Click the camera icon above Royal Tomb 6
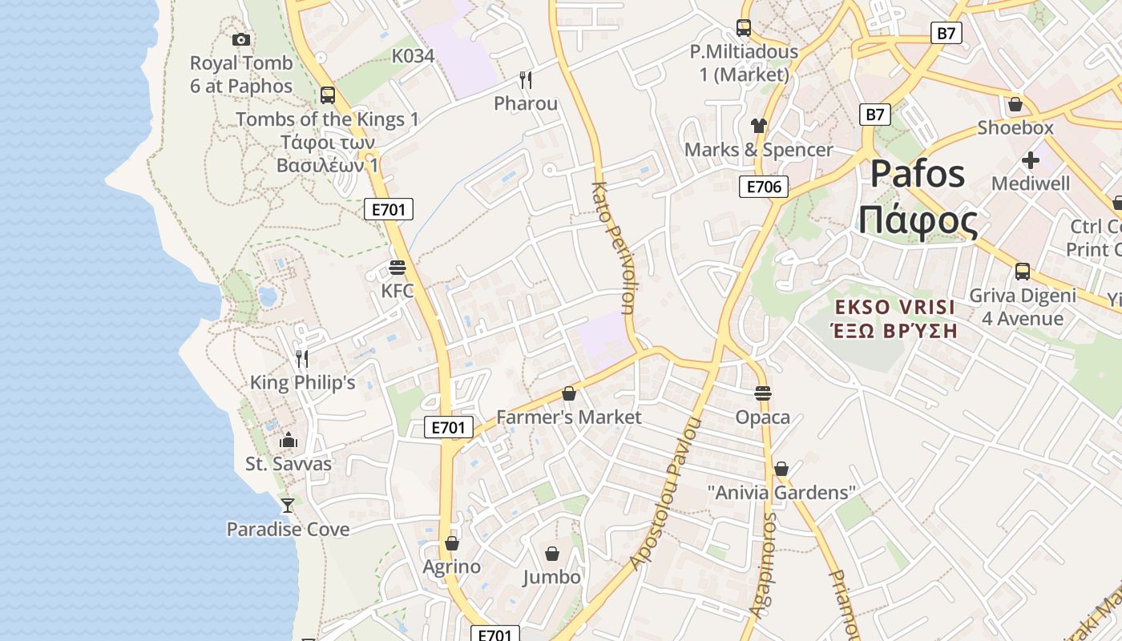click(x=241, y=39)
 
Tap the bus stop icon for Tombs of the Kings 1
click(x=327, y=95)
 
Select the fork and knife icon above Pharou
click(x=526, y=79)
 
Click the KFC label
click(x=398, y=290)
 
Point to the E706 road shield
click(x=763, y=187)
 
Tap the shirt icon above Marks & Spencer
click(x=758, y=125)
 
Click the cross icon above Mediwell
click(x=1030, y=160)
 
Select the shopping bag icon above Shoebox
click(x=1015, y=104)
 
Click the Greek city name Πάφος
click(x=918, y=220)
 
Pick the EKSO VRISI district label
click(x=895, y=307)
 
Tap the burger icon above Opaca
click(x=762, y=393)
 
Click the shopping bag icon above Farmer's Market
click(x=569, y=393)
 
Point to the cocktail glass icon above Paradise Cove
click(x=288, y=506)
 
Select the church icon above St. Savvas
click(x=289, y=440)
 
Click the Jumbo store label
click(x=551, y=577)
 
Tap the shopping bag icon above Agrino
click(x=452, y=543)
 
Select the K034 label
click(x=413, y=56)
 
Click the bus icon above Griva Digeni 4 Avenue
click(x=1023, y=271)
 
